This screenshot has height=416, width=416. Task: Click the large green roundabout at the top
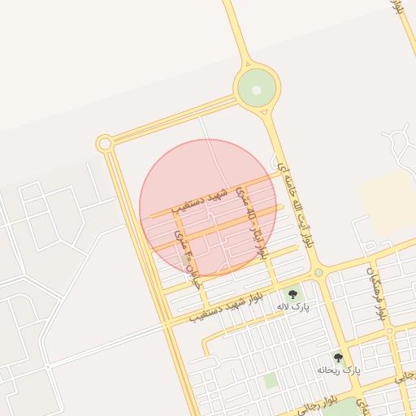[x=257, y=86]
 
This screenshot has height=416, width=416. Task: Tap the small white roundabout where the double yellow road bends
[x=104, y=144]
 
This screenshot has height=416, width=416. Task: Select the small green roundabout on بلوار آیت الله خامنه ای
[x=318, y=272]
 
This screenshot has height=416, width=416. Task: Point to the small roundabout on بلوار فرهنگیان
[x=389, y=330]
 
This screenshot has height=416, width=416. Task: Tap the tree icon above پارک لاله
[x=292, y=293]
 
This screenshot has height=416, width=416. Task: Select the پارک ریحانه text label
[x=338, y=370]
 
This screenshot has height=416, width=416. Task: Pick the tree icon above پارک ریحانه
[x=338, y=357]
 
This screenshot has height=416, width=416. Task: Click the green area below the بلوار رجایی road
[x=348, y=408]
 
